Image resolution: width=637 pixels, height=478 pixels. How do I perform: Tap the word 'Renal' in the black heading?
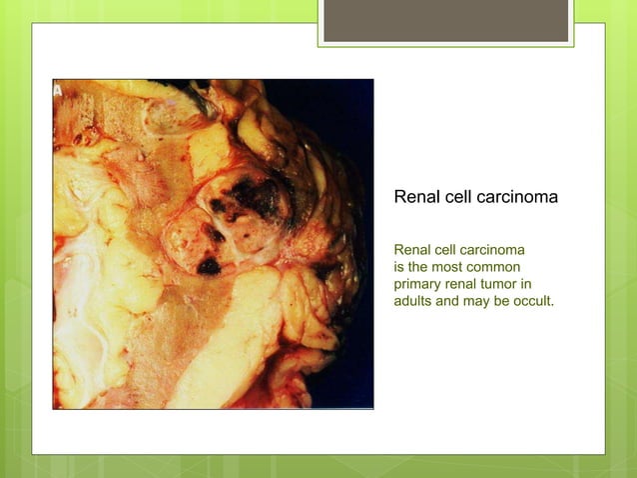click(416, 197)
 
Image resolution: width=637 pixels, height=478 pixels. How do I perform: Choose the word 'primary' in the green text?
click(419, 282)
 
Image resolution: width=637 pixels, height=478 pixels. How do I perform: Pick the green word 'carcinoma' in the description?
click(489, 248)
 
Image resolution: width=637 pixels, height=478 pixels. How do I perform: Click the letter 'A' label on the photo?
click(58, 89)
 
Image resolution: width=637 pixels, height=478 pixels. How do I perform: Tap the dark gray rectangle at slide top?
click(445, 21)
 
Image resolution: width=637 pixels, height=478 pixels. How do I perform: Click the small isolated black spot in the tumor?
click(209, 266)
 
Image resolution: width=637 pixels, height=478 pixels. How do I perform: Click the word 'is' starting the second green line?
click(399, 265)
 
